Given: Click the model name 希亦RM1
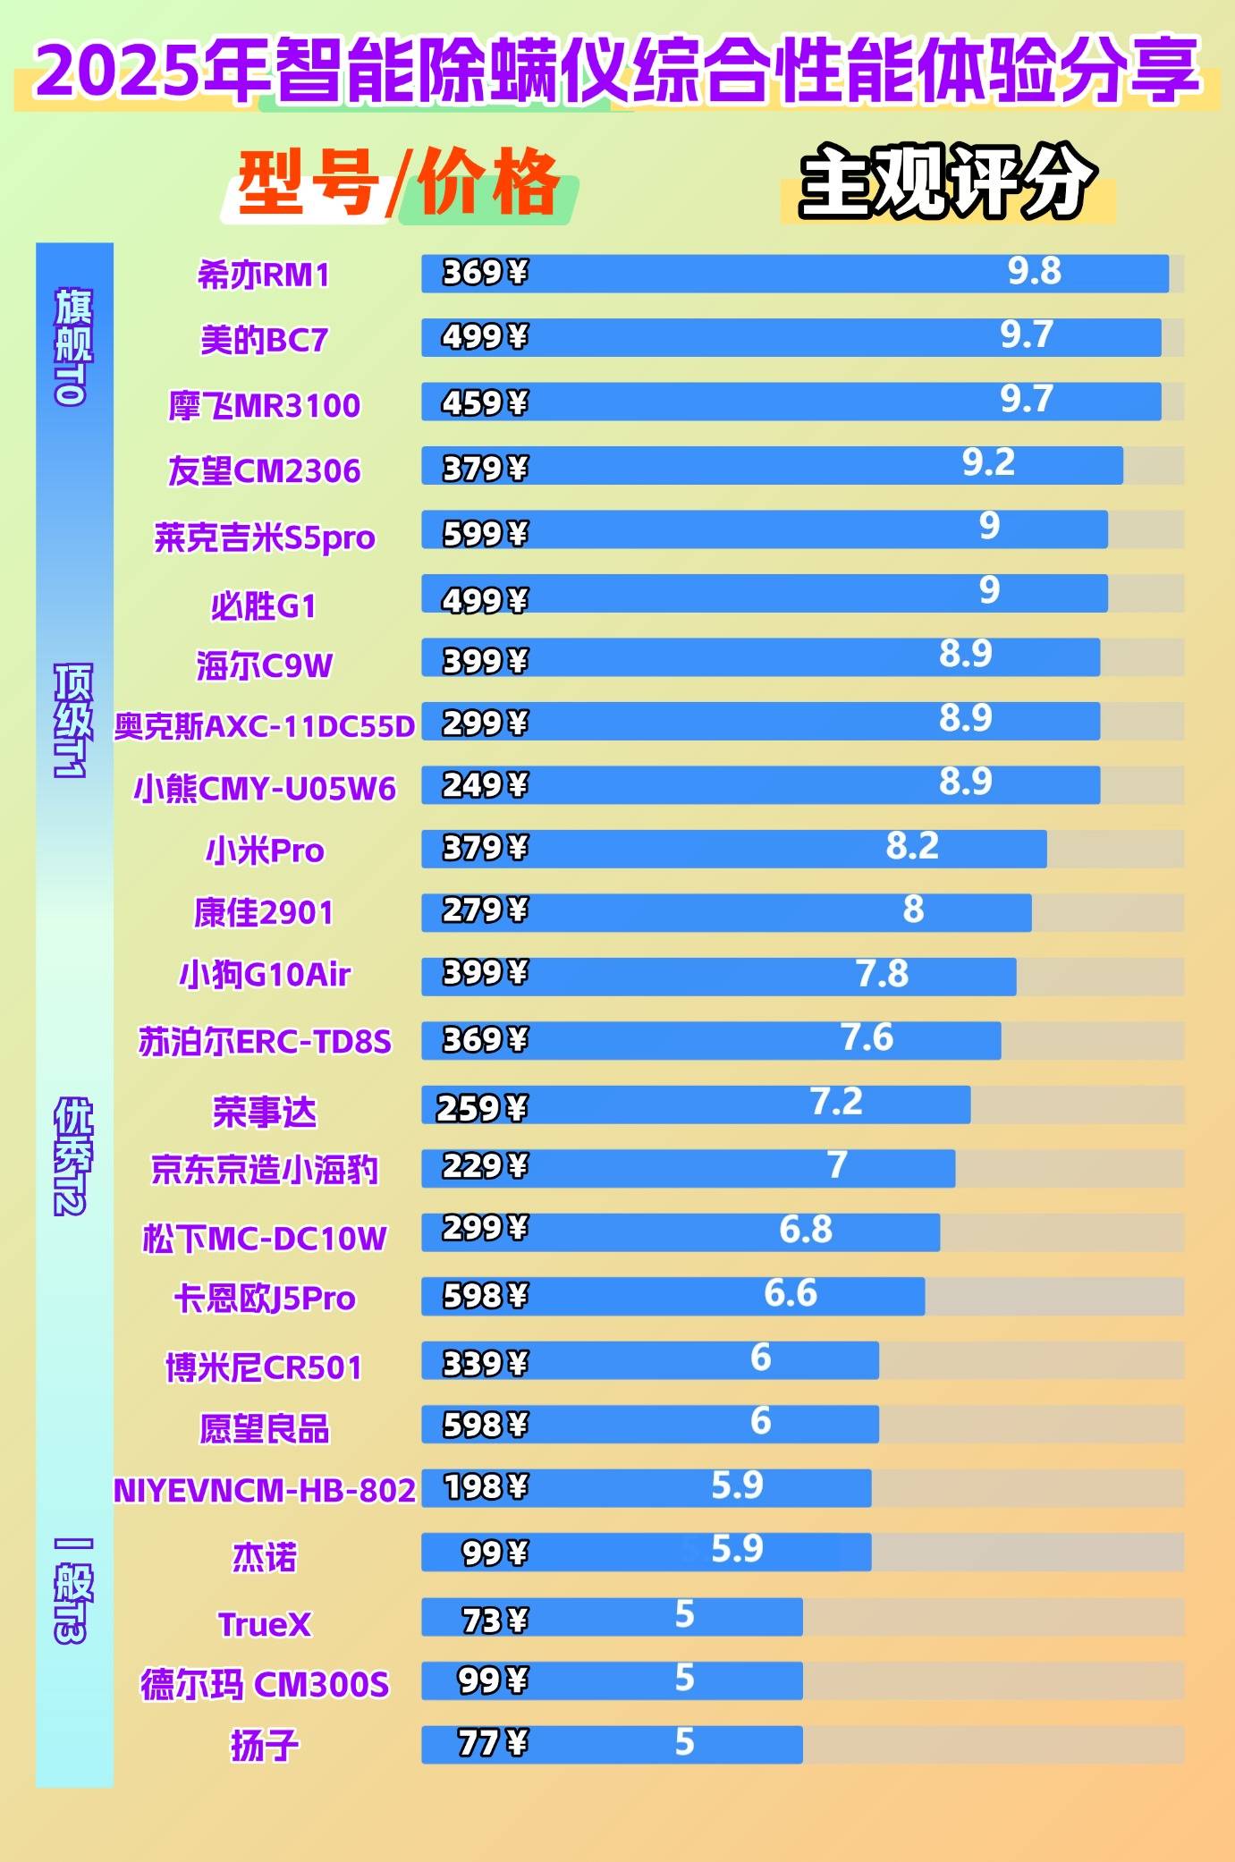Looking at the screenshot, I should [264, 275].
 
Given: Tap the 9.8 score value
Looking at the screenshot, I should [1034, 271].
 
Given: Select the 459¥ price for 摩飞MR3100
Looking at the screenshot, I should [485, 403].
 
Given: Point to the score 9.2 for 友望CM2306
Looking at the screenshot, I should [988, 462].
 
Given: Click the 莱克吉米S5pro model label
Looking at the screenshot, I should [264, 537].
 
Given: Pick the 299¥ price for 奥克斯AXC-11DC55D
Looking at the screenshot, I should [485, 723].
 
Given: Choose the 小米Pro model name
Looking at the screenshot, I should [265, 851].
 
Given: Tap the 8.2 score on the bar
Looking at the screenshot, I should [912, 846].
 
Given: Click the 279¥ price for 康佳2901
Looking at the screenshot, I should [485, 910].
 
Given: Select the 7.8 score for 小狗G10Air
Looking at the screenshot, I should [882, 974].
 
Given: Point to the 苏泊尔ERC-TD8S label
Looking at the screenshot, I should [265, 1042].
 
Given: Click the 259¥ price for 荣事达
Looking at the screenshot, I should [481, 1109].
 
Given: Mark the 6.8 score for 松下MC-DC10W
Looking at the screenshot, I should [805, 1230].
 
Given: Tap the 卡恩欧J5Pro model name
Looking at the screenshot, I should [265, 1299].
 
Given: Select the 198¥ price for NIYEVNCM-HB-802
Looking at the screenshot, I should [485, 1487].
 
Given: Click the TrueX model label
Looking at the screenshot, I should [265, 1624].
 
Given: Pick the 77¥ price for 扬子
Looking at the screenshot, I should [493, 1743].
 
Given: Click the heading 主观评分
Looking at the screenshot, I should [947, 182].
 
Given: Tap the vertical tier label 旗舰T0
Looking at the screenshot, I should [73, 347].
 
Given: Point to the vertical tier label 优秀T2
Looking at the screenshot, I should [73, 1156].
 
